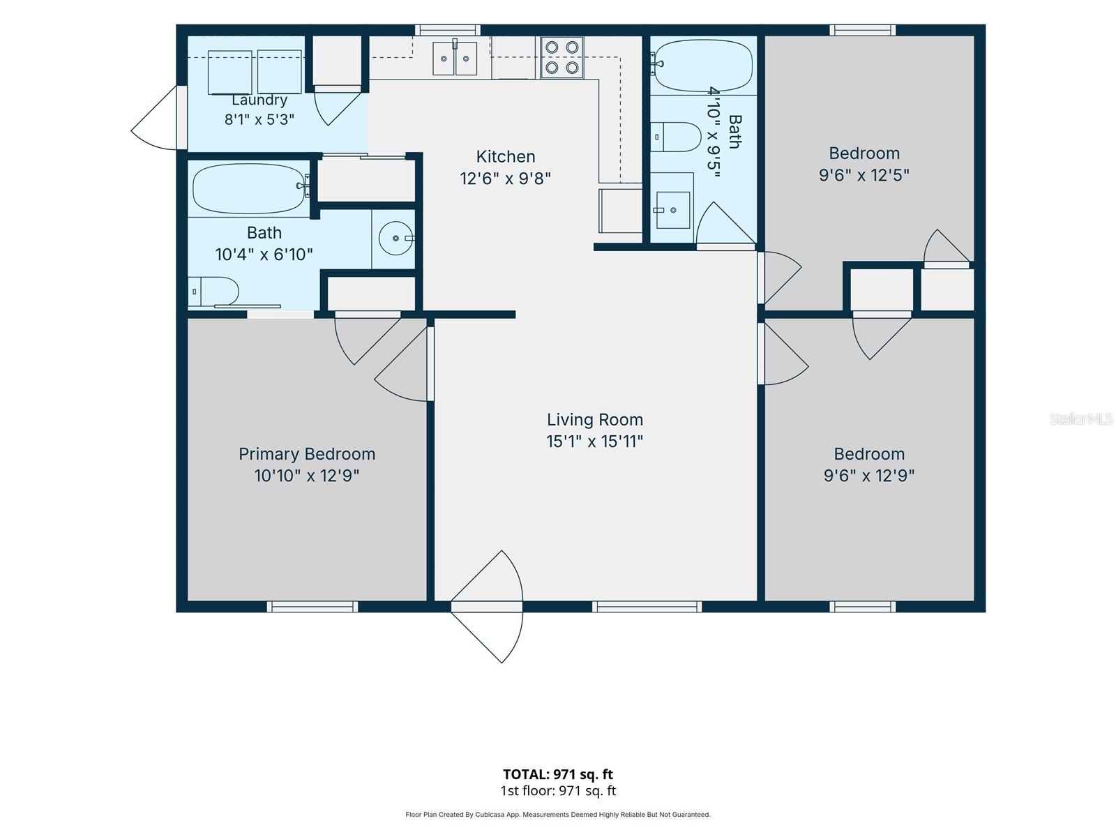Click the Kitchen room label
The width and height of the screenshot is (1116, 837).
point(506,156)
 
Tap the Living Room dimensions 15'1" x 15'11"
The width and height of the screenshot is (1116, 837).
point(594,441)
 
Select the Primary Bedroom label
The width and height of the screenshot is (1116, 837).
point(307,454)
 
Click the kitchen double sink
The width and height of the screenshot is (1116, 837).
point(455,58)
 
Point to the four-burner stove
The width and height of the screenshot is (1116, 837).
point(561,57)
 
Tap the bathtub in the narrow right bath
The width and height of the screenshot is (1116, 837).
point(703,66)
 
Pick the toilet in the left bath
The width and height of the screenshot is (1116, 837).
point(213,292)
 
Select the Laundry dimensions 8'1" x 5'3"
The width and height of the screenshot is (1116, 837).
point(259,119)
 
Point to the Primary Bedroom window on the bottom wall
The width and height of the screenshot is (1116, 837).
point(312,606)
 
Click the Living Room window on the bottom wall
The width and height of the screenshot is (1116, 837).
point(647,606)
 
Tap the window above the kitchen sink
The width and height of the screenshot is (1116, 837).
point(447,30)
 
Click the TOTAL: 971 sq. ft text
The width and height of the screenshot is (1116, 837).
point(558,774)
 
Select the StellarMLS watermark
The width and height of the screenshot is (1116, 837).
point(1081,418)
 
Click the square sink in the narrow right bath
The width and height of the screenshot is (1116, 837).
point(673,210)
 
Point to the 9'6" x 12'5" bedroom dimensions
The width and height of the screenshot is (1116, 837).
point(864,175)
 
